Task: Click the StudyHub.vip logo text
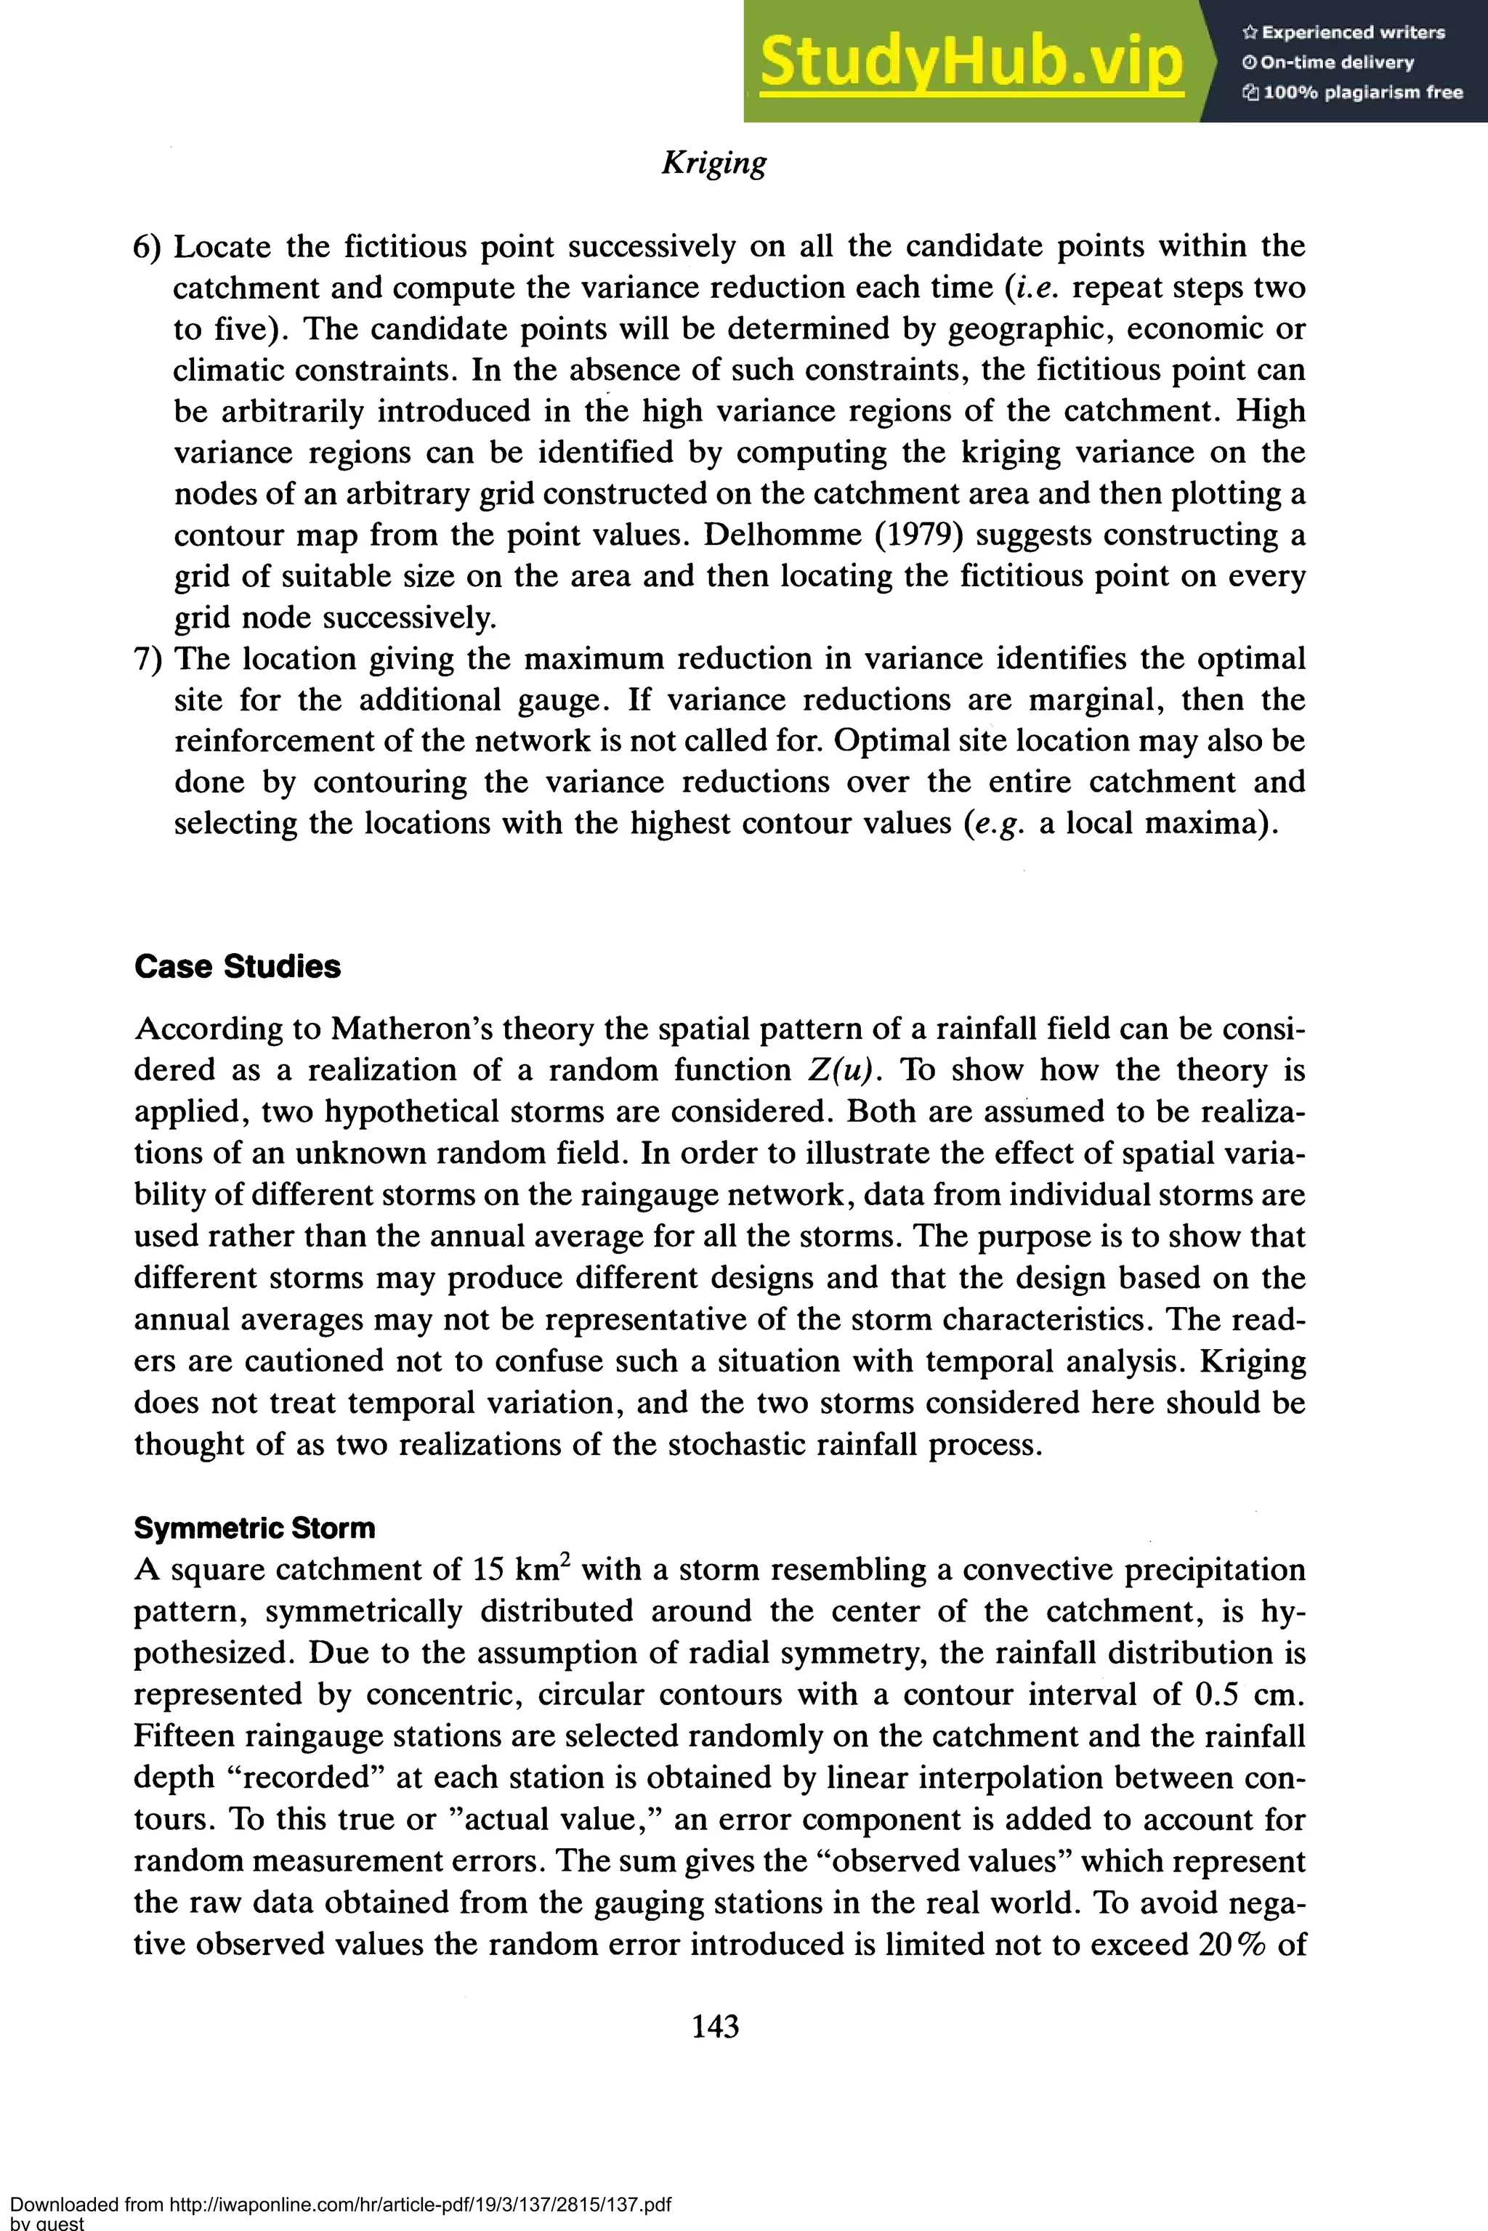(x=971, y=62)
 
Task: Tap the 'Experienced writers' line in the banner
(x=1343, y=32)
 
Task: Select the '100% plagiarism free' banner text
(x=1352, y=92)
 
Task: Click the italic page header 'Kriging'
(x=713, y=162)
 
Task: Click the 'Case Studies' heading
(x=238, y=967)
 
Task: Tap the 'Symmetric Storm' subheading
(x=254, y=1528)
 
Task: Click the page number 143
(x=716, y=2026)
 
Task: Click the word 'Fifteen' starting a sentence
(x=183, y=1736)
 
